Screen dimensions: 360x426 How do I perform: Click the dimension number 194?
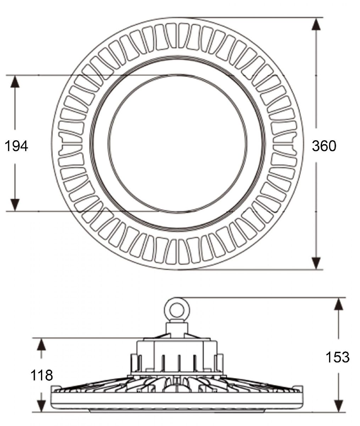click(16, 146)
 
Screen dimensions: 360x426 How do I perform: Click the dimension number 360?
click(324, 146)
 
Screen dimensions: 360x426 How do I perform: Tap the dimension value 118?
click(41, 375)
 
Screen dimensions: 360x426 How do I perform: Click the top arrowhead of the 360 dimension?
click(316, 24)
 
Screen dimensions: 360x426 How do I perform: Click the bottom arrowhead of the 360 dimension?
click(316, 263)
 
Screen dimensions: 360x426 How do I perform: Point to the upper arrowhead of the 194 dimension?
click(15, 82)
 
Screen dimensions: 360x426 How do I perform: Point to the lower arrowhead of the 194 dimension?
click(15, 205)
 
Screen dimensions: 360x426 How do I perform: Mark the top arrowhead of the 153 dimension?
click(339, 304)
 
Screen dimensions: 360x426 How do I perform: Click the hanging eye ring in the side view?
click(177, 310)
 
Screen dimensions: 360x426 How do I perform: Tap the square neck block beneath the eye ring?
click(177, 330)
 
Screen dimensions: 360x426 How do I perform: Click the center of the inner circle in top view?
click(177, 143)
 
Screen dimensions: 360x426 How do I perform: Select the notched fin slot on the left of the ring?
click(70, 144)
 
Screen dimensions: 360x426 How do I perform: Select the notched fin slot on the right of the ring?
click(284, 144)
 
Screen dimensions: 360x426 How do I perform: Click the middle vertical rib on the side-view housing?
click(179, 363)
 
